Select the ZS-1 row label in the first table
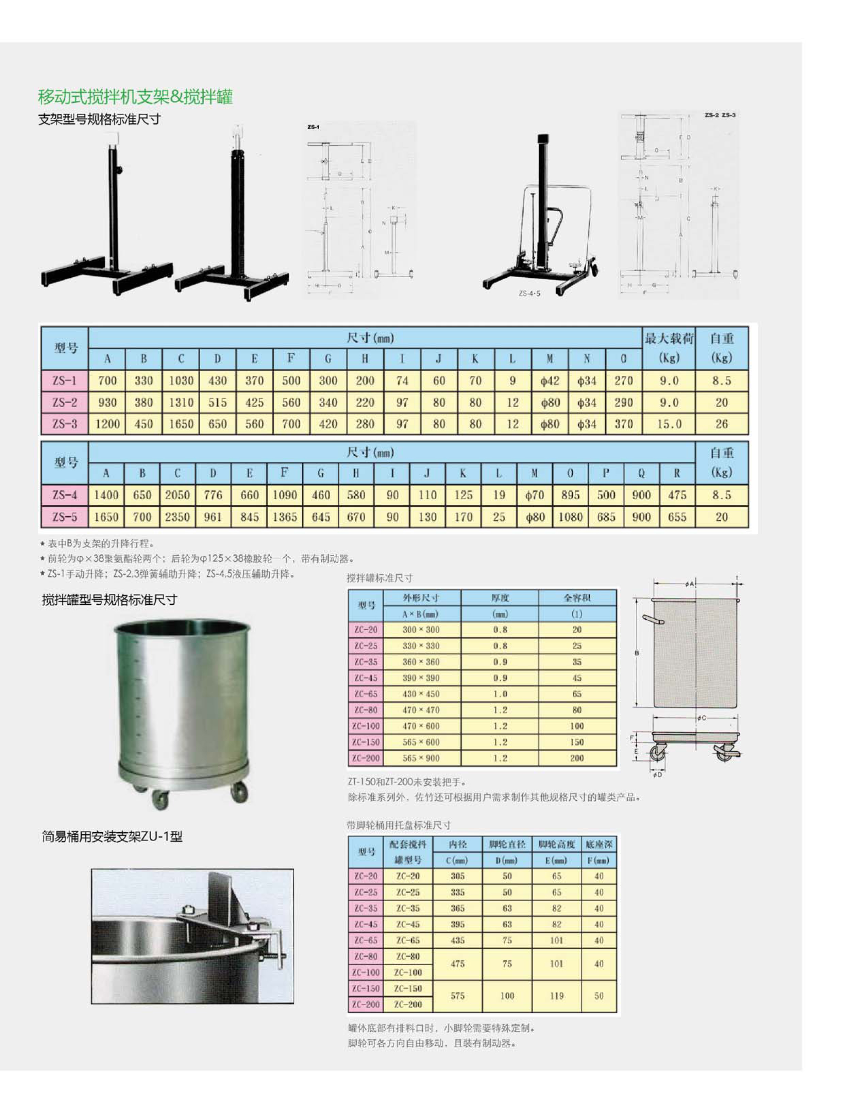click(64, 380)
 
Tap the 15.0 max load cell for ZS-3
click(669, 424)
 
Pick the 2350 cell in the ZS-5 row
click(177, 517)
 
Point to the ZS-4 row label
click(64, 495)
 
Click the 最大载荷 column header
click(669, 338)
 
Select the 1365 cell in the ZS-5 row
click(285, 517)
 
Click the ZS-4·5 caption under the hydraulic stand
click(529, 293)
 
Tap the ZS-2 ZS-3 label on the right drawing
click(720, 115)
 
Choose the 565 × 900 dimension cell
click(421, 758)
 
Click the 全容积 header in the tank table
click(577, 598)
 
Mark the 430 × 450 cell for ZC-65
click(421, 694)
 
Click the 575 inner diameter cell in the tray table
click(457, 996)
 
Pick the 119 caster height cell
click(556, 996)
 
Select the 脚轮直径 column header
click(507, 845)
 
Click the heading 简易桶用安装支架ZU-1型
click(112, 836)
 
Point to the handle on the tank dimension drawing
click(653, 620)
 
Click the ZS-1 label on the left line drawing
click(313, 127)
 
